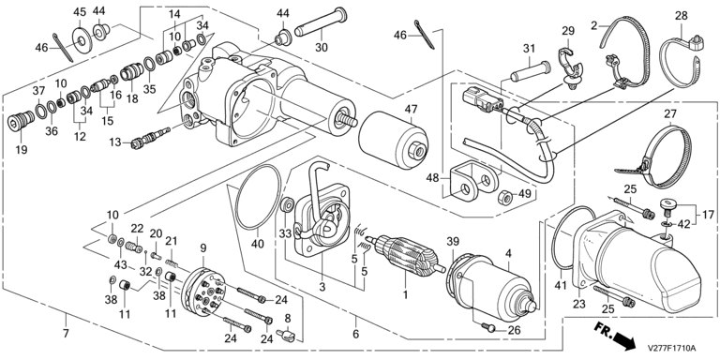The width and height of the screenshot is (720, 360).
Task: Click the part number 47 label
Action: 411,110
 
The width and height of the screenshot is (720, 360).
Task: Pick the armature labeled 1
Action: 405,255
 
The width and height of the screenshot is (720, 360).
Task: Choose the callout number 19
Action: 22,150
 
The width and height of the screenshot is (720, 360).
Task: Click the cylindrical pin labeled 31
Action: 531,72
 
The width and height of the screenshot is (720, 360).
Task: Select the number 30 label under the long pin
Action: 322,47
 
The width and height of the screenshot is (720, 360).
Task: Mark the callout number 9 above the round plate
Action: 202,248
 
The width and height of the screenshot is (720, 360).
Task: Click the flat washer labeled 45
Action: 82,41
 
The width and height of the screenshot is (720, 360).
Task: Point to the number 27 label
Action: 671,113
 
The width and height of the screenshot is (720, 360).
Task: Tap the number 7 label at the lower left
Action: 66,333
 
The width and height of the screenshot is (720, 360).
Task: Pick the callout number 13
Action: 114,142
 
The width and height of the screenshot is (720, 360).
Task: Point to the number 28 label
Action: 681,16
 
